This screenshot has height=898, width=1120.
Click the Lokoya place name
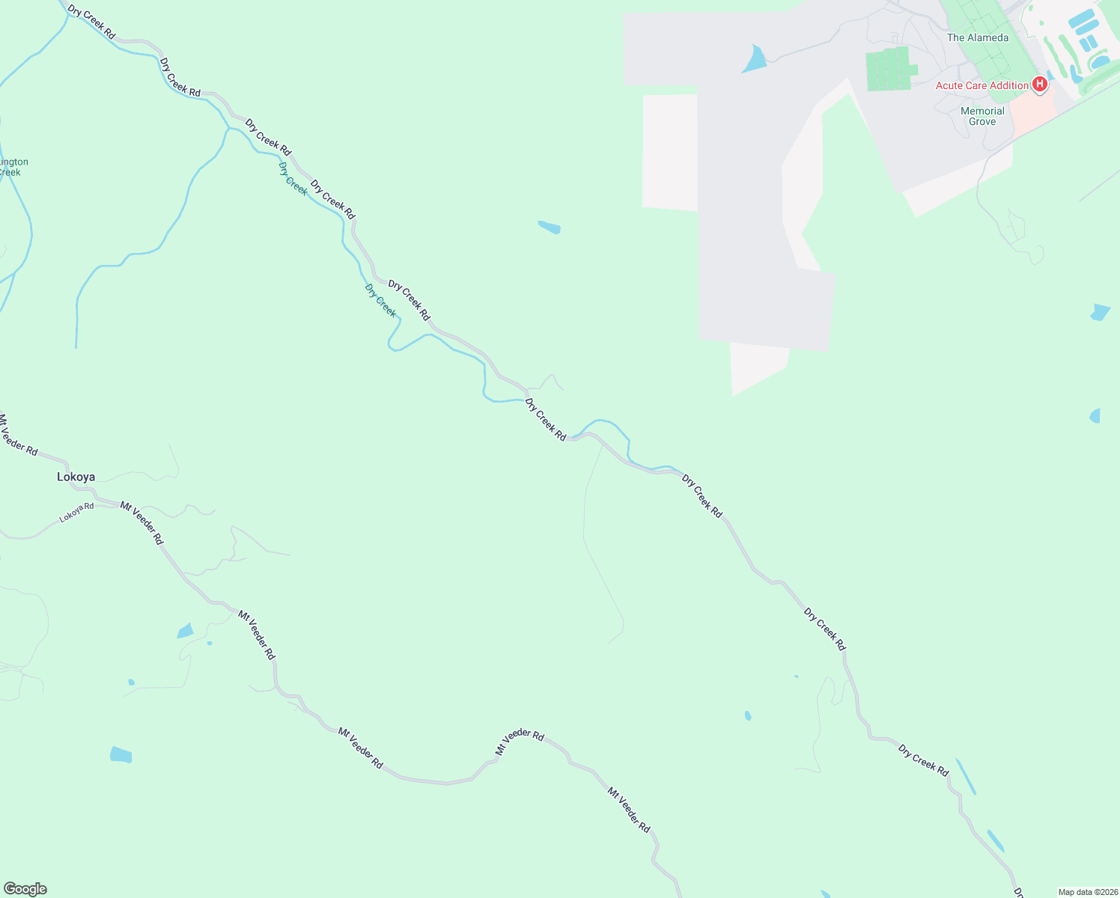[x=76, y=477]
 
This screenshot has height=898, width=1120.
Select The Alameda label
[x=977, y=37]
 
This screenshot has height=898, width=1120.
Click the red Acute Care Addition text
[x=981, y=85]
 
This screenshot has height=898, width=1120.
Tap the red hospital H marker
[x=1039, y=85]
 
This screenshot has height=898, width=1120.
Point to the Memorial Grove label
[x=982, y=116]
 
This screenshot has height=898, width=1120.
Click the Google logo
[x=25, y=889]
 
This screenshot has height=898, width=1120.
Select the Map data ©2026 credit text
[x=1087, y=892]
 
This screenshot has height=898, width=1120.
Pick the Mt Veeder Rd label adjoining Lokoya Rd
[x=141, y=523]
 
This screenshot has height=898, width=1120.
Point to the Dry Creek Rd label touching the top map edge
[x=91, y=22]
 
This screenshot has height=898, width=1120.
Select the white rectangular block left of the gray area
[x=669, y=152]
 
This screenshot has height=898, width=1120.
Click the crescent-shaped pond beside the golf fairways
[x=1075, y=73]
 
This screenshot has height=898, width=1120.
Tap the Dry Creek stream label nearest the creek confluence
[x=293, y=178]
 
